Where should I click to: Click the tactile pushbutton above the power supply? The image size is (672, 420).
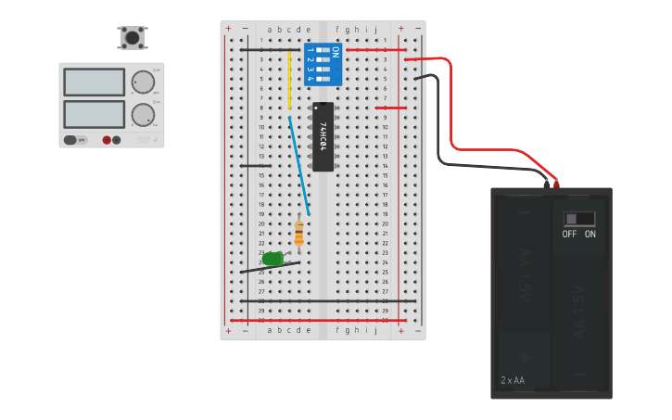click(x=133, y=38)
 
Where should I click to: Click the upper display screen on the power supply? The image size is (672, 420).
click(x=94, y=82)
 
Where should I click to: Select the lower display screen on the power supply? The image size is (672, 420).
click(x=94, y=114)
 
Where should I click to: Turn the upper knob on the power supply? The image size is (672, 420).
click(x=142, y=82)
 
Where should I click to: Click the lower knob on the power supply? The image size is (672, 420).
click(x=142, y=115)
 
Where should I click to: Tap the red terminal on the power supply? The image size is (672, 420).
click(x=107, y=140)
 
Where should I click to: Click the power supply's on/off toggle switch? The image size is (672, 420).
click(x=70, y=140)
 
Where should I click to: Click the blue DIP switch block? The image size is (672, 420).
click(x=323, y=63)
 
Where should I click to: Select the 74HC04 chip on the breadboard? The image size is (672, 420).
click(x=323, y=136)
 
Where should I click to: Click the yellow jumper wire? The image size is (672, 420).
click(x=289, y=79)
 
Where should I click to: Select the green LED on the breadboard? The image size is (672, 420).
click(x=273, y=259)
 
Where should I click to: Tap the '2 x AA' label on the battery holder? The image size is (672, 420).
click(x=513, y=380)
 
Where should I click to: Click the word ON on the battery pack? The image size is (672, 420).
click(x=590, y=235)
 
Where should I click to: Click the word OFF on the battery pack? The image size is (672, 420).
click(x=569, y=235)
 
